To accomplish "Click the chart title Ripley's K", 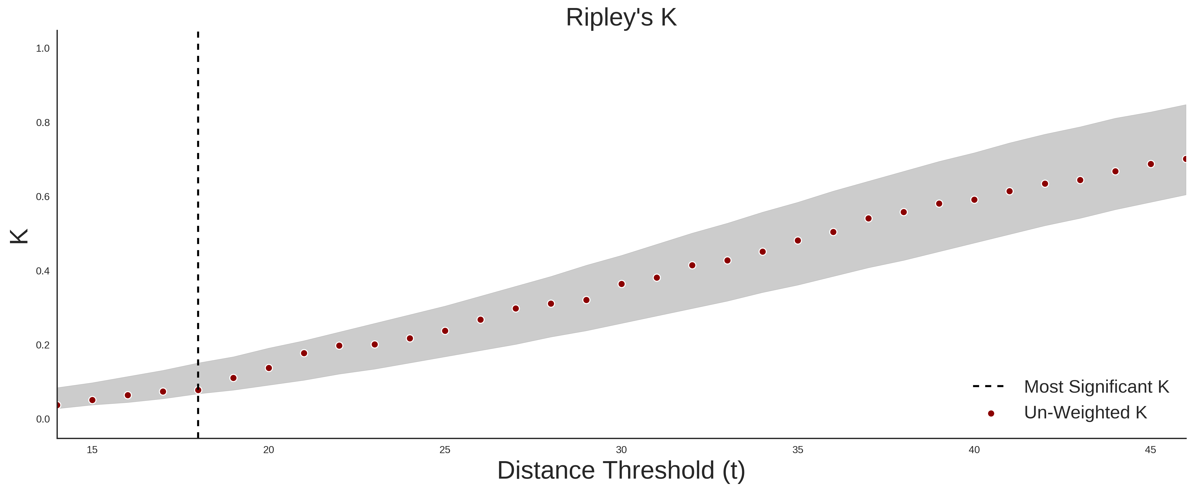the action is (x=621, y=17).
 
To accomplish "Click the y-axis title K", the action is (x=19, y=236).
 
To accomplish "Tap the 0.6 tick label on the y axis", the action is (x=43, y=197).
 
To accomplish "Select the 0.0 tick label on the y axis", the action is (x=43, y=419).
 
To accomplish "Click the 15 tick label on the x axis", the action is (x=92, y=450).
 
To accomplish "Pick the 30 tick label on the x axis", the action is (x=621, y=450).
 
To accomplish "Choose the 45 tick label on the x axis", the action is (x=1150, y=450).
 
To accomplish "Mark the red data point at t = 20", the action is (x=269, y=368).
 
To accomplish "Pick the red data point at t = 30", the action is (x=622, y=284).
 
